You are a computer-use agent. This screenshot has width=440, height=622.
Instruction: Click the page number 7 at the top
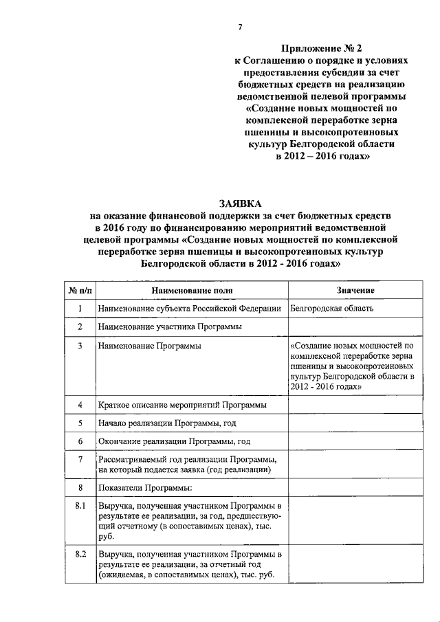click(240, 27)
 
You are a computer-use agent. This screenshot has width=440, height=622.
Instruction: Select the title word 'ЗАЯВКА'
click(240, 204)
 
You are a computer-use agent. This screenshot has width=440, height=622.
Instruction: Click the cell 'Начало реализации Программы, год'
click(168, 423)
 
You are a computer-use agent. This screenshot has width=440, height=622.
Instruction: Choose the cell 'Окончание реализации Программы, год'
click(174, 441)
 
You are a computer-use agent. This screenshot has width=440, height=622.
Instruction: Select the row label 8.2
click(80, 553)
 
